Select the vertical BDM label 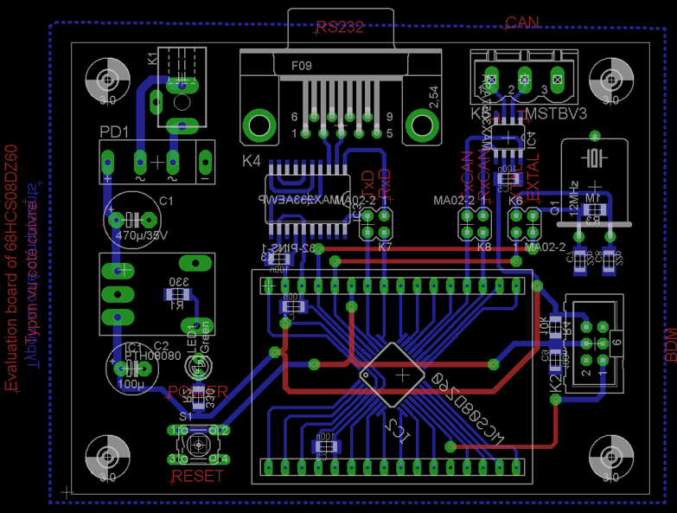click(x=669, y=344)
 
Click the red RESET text click(x=198, y=477)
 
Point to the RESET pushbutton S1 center click(x=199, y=444)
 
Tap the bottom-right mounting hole click(x=610, y=454)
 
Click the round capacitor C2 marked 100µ click(x=134, y=368)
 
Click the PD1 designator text click(x=114, y=132)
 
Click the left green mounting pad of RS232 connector click(x=257, y=123)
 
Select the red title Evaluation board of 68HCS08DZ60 click(x=12, y=268)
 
